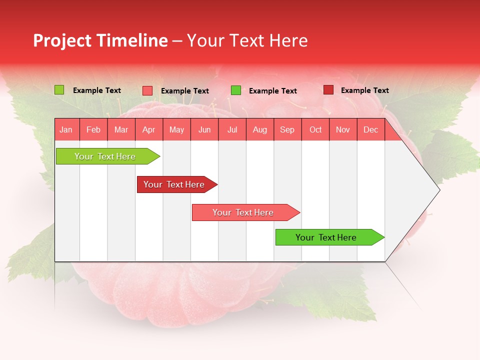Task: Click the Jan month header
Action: [x=66, y=129]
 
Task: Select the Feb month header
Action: [x=93, y=129]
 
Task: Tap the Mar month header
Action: [x=121, y=129]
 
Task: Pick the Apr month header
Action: [x=148, y=129]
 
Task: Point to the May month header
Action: [x=176, y=129]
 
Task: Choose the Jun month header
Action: [x=204, y=129]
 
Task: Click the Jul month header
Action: [x=232, y=129]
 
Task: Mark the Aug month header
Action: [x=260, y=129]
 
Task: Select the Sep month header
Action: [x=287, y=129]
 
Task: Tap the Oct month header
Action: [x=315, y=129]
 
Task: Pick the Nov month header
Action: [x=343, y=129]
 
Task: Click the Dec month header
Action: [x=371, y=129]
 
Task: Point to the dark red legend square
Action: [x=328, y=90]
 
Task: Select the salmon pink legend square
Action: [x=147, y=90]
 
